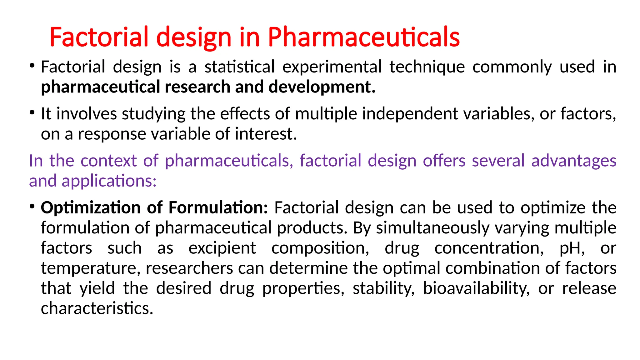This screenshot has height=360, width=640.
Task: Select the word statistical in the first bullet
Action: tap(239, 67)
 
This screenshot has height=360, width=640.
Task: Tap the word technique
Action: tap(427, 67)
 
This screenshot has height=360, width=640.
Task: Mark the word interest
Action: tap(265, 134)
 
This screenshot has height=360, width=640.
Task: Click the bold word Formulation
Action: tap(218, 207)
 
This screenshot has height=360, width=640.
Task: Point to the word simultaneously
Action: tap(432, 228)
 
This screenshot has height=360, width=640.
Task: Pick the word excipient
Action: tap(222, 248)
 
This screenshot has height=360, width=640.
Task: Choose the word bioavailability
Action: tap(476, 288)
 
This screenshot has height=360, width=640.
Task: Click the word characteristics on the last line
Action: tap(97, 308)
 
